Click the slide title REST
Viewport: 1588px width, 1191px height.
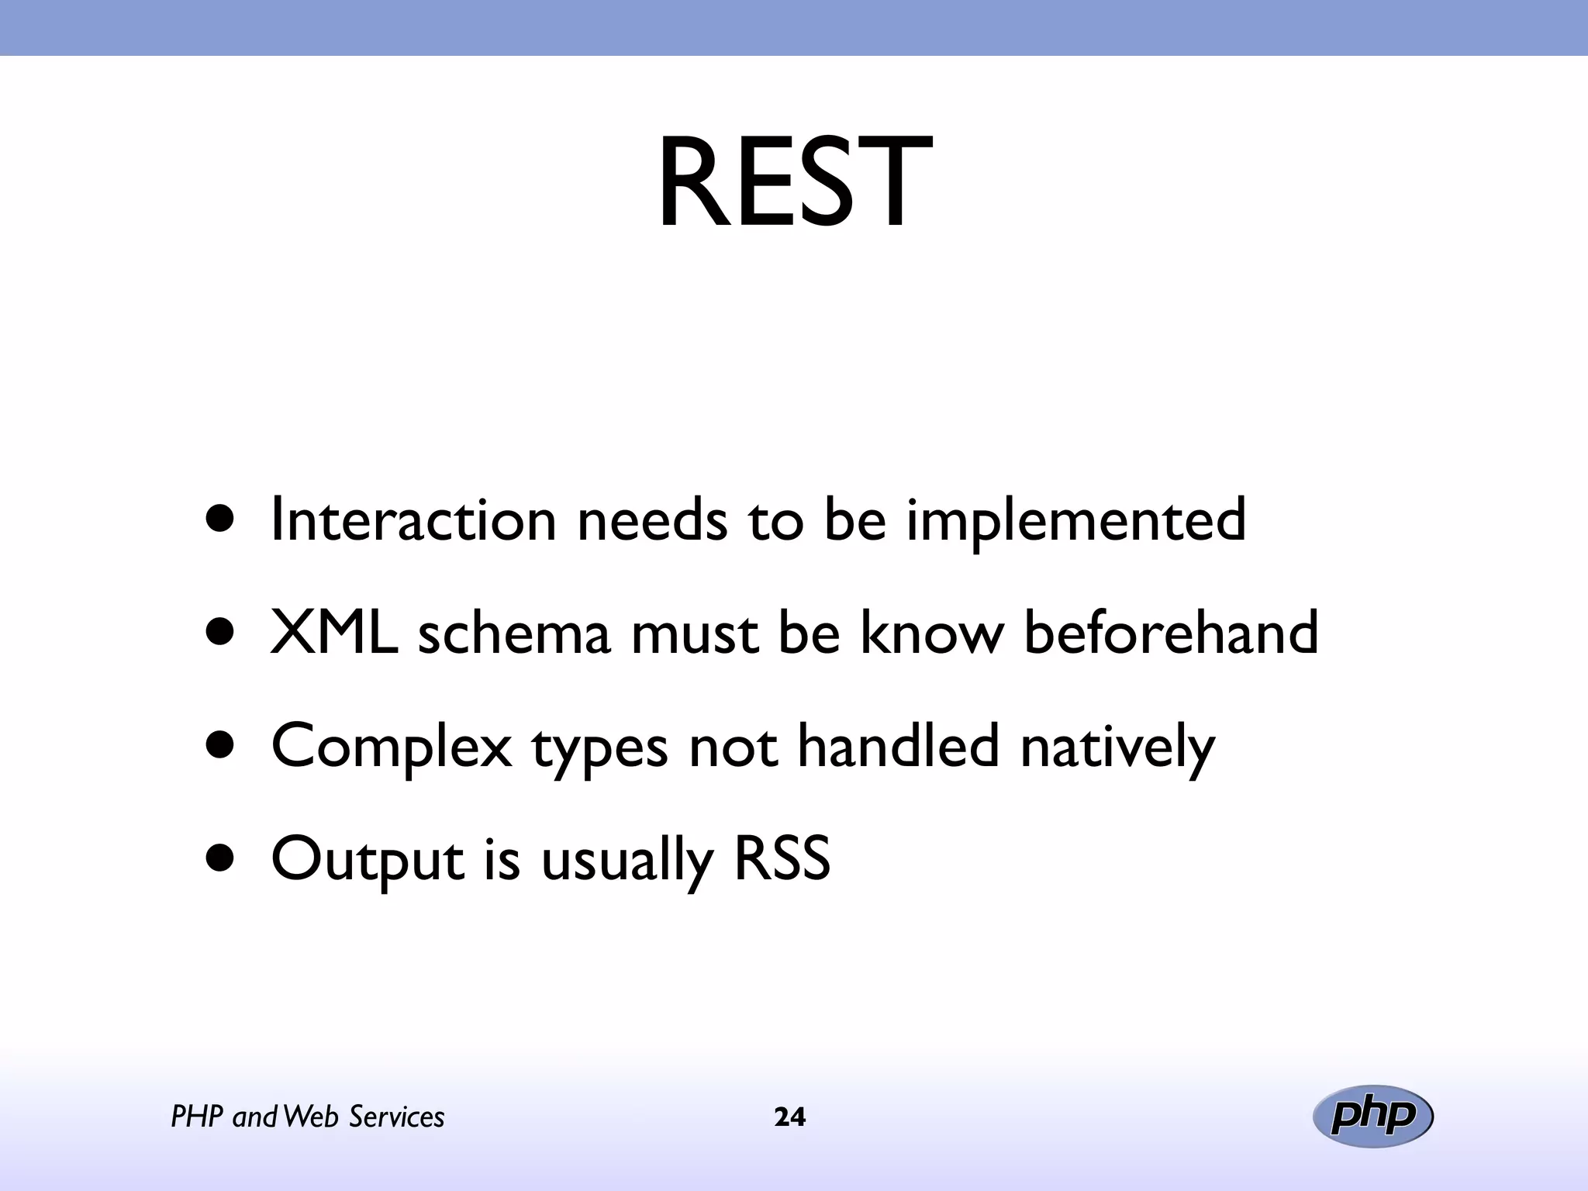794,184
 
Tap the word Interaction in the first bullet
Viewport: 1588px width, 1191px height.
413,520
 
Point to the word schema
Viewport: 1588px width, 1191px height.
514,633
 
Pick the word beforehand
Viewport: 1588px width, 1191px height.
1171,632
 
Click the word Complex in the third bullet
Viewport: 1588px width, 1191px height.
392,747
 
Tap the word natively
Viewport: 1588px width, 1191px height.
1117,747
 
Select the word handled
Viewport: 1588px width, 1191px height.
898,745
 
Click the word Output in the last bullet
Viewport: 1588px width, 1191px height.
368,860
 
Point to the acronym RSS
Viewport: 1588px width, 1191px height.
782,858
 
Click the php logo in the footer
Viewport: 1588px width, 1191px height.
1372,1117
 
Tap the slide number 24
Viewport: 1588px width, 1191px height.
790,1117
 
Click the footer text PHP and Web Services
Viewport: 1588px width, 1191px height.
307,1117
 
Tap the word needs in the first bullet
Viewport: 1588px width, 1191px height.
652,520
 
